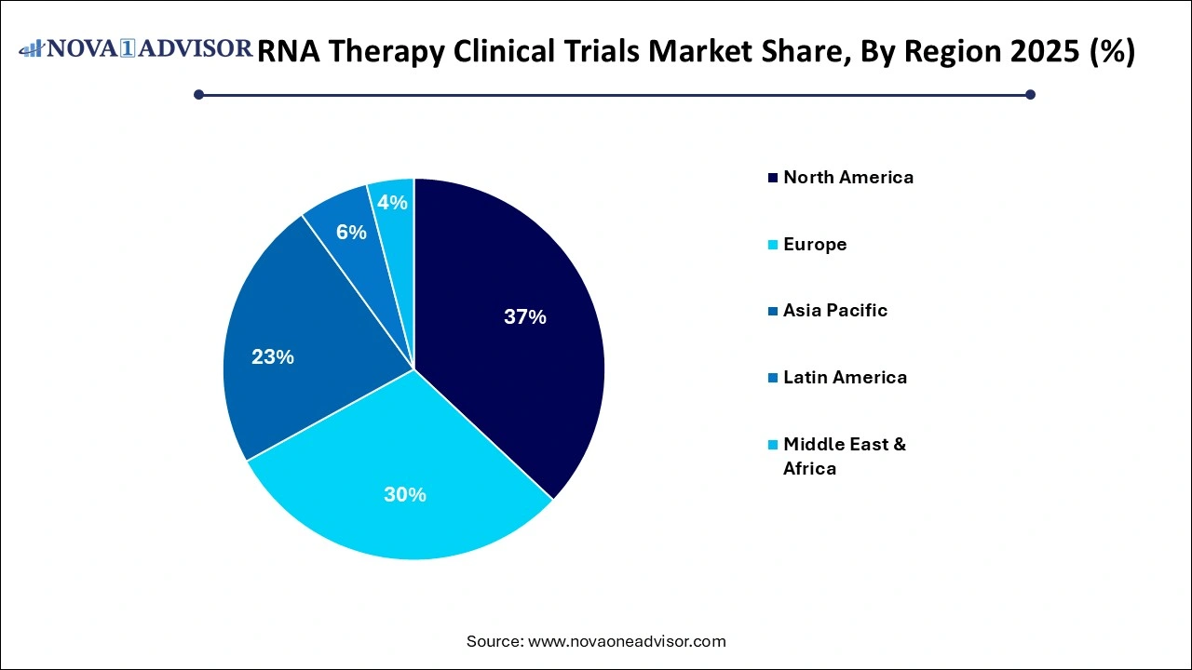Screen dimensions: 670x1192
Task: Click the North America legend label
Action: coord(847,177)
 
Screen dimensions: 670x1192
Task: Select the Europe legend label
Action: coord(814,244)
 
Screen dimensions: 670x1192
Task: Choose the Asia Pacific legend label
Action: coord(834,311)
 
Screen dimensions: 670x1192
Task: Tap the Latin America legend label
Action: coord(844,377)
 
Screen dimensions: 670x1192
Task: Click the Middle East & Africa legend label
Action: coord(844,456)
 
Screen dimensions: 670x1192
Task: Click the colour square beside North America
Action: coord(772,178)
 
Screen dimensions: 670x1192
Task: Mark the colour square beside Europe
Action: coord(772,245)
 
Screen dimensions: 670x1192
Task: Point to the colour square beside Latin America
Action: coord(772,378)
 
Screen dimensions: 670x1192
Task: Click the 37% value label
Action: coord(524,317)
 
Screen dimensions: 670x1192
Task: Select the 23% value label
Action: coord(273,356)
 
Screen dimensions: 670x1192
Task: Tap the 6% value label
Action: coord(351,233)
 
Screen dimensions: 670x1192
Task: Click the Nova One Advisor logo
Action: coord(135,48)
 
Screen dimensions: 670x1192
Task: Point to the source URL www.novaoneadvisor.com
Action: coord(627,641)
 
